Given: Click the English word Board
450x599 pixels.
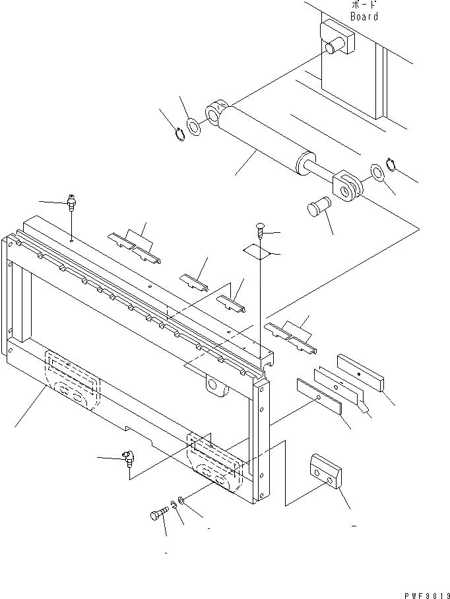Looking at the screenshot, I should click(364, 16).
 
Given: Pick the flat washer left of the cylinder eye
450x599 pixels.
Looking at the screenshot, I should click(194, 125).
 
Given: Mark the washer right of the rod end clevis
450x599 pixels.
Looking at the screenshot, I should click(376, 173).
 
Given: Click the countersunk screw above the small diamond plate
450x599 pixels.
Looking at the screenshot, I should click(259, 230).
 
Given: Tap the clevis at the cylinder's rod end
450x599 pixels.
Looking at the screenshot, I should click(346, 184).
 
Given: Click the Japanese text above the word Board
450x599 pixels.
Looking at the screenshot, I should click(364, 4).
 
